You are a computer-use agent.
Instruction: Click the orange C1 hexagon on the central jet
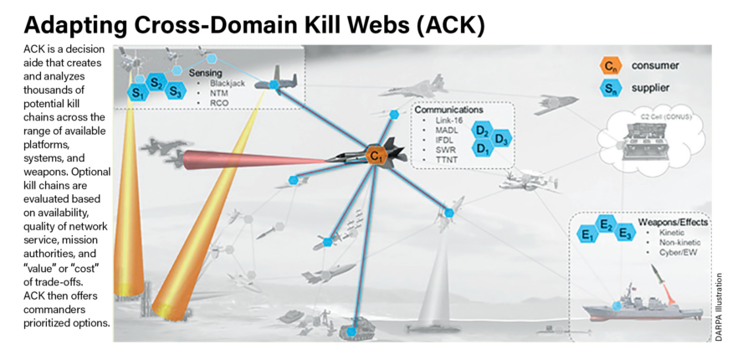[x=375, y=155]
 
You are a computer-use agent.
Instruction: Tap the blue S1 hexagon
[x=137, y=93]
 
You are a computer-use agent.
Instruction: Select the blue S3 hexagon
[x=175, y=90]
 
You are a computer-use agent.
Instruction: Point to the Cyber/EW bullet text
[x=669, y=252]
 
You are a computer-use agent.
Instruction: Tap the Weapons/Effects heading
[x=674, y=223]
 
